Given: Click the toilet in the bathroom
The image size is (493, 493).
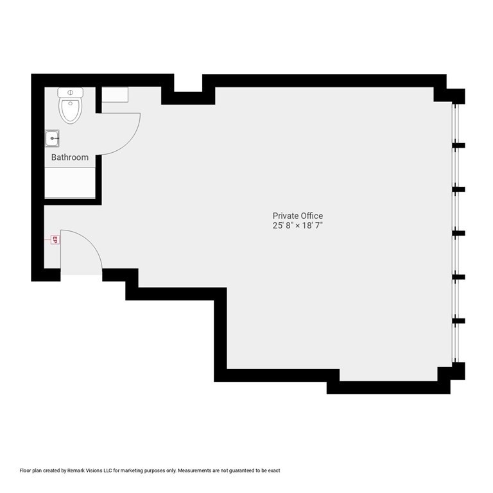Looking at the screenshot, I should (71, 108).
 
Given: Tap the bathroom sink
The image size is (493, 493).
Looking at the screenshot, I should (53, 138).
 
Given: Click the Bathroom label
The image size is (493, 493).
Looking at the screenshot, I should (70, 157).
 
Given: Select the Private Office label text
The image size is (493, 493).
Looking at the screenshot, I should (297, 216).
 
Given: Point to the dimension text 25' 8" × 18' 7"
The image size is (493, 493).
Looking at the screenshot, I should (297, 226).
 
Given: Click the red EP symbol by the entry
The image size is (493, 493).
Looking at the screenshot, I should (55, 240).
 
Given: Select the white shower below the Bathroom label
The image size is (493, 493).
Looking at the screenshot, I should (70, 183).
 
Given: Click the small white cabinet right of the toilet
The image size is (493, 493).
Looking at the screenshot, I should (115, 94).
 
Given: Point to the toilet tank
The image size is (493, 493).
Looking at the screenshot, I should (71, 92).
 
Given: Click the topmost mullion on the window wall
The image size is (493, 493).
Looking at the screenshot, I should (458, 146).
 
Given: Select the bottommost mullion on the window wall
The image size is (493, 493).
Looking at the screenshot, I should (458, 320).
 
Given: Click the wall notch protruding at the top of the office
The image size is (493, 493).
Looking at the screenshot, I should (187, 98).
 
